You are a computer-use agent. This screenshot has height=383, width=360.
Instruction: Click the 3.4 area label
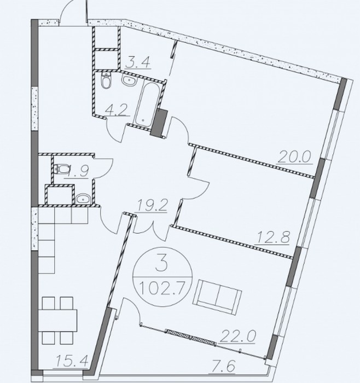point(138,63)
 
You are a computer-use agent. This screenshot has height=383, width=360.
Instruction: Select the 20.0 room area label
point(295,157)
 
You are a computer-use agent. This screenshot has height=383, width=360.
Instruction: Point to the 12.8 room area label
point(272,237)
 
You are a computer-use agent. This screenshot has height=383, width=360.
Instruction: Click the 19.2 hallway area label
point(152,206)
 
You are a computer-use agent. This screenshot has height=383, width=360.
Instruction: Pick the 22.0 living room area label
point(237,336)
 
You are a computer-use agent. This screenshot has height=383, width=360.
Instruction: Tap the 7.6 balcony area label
point(223,367)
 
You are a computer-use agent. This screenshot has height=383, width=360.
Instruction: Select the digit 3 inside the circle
point(162,265)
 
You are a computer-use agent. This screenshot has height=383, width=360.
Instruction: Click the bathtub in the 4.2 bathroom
point(146,105)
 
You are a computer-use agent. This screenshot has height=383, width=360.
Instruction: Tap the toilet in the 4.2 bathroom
point(107,80)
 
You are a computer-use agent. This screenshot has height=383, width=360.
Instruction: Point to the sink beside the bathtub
point(129,80)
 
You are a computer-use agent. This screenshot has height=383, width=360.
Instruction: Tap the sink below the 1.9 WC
point(83,199)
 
